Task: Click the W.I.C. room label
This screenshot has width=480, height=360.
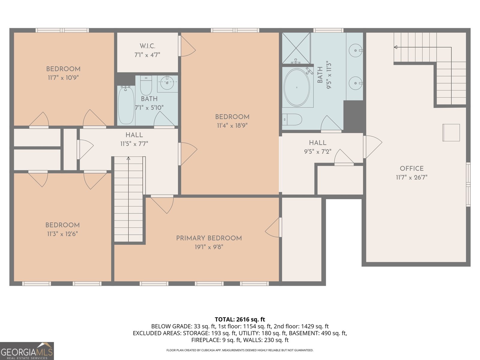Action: coord(147,46)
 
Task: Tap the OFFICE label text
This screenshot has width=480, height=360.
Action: coord(412,169)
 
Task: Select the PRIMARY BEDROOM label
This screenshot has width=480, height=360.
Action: coord(209,238)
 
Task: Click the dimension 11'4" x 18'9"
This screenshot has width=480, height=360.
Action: coord(232,126)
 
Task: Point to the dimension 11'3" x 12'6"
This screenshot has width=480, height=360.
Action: coord(62,234)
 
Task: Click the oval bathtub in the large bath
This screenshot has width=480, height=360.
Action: coord(297,87)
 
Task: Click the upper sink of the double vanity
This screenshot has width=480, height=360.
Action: coord(356,50)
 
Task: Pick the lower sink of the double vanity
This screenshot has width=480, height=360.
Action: coord(356,83)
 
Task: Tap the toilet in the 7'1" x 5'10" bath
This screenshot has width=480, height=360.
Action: coord(146,85)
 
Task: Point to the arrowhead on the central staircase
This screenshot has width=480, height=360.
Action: coord(128,158)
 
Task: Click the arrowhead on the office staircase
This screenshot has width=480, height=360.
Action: coord(396,47)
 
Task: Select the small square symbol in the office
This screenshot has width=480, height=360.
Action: coord(451,133)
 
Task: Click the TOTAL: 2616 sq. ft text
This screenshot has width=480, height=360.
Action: coord(240,319)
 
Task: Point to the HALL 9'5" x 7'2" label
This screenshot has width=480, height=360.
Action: coord(317,147)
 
